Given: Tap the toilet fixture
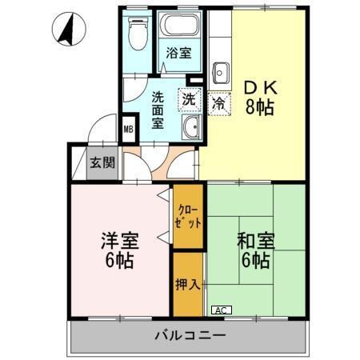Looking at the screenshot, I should click(138, 33).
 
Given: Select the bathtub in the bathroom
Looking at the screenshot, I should click(178, 26).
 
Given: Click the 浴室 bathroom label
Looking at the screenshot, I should click(178, 54).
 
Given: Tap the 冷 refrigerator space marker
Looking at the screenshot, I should click(218, 102).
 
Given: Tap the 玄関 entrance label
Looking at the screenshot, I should click(102, 163).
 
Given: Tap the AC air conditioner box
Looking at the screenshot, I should click(221, 310).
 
